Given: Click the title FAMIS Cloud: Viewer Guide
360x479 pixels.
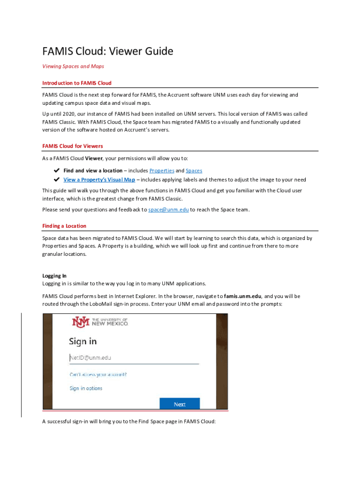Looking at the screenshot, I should click(x=108, y=51).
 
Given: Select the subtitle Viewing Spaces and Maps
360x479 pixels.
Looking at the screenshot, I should click(x=73, y=66).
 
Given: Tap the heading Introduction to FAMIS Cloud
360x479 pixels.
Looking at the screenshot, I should click(x=77, y=83).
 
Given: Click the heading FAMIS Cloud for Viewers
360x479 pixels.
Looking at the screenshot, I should click(x=72, y=146).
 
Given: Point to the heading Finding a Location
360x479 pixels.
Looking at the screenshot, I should click(x=64, y=226).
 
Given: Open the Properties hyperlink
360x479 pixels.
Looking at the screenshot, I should click(x=162, y=171).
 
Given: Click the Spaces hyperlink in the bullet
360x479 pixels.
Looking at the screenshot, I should click(x=194, y=171).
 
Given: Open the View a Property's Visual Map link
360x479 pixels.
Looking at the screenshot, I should click(x=99, y=180).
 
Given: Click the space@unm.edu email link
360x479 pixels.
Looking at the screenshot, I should click(x=168, y=210).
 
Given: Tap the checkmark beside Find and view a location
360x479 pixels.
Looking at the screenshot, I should click(x=57, y=171).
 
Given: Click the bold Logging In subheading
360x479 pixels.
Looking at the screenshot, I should click(x=54, y=276).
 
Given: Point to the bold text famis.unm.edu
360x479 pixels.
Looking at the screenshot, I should click(x=243, y=296).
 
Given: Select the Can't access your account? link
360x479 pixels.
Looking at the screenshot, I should click(x=98, y=375).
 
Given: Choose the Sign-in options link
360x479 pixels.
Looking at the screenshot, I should click(x=86, y=388).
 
